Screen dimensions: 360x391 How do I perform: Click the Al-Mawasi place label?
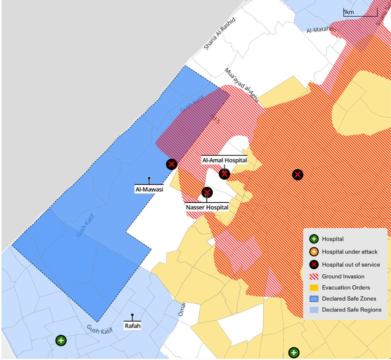point(149,189)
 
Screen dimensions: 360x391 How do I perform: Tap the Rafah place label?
point(133,326)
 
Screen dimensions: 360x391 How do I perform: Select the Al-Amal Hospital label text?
point(224,160)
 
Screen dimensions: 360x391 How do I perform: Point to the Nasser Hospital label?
point(207,207)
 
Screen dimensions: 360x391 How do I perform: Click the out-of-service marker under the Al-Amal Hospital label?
point(224,174)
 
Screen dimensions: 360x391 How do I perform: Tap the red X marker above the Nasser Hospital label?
point(207,192)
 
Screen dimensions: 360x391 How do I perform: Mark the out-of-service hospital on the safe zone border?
point(172,164)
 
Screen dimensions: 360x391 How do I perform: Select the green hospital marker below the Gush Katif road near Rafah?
point(61,340)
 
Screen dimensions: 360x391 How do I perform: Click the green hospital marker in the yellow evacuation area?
point(294,353)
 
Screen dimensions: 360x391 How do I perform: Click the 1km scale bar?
point(360,12)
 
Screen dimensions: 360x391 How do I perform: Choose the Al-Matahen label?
point(321,30)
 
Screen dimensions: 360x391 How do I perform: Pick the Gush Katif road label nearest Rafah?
point(99,330)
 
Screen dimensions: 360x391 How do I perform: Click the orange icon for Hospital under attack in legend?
point(314,252)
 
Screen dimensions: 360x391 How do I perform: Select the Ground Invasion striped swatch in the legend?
point(314,277)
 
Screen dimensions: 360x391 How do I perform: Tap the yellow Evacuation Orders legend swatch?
point(314,288)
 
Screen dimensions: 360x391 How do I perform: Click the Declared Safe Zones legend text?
point(349,299)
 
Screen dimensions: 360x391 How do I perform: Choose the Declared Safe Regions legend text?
point(352,310)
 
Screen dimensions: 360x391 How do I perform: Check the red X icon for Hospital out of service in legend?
point(314,265)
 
